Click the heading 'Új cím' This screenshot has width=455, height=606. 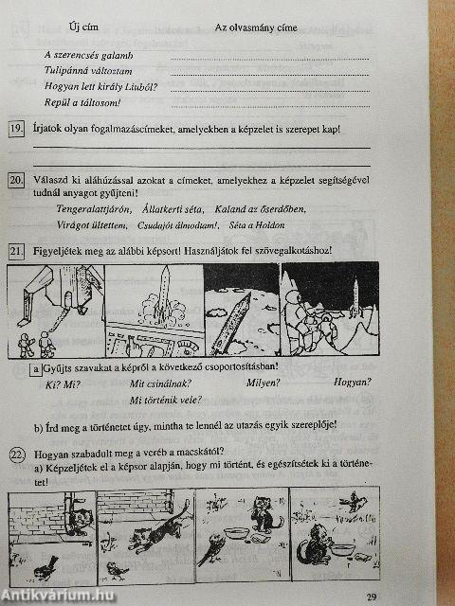(81, 27)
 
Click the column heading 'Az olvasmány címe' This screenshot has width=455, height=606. (256, 27)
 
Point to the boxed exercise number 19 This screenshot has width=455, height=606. (16, 130)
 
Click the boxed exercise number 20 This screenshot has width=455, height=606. (16, 179)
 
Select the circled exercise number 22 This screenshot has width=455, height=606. (16, 453)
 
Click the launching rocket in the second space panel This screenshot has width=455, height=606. (163, 290)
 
